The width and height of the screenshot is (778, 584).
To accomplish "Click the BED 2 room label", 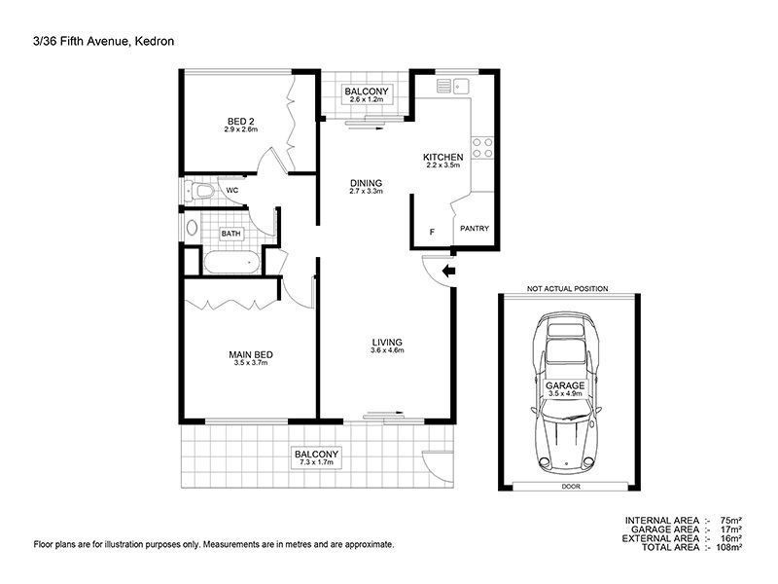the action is pos(240,121).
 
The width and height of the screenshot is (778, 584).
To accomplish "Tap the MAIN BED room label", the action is pos(251,354).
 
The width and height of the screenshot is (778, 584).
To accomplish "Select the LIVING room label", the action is pos(387,343).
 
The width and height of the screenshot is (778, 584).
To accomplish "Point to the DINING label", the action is pos(367,183).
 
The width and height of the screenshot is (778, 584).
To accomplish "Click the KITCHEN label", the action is pos(443,157).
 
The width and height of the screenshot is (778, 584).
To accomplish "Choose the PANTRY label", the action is pos(475,229).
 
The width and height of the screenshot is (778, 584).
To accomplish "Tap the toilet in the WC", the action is pos(199,190).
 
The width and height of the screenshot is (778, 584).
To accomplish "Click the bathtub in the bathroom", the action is pos(231,263).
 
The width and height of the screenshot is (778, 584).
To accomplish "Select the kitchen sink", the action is pos(453,86).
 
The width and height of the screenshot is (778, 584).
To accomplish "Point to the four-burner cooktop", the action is pos(482,148).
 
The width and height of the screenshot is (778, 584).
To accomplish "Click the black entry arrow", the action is pos(449,272).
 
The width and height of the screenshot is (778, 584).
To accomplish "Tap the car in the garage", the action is pos(566,392).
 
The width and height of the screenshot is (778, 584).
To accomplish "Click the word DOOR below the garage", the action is pos(571,487).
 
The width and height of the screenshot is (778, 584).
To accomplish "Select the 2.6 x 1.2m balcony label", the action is pos(367,94).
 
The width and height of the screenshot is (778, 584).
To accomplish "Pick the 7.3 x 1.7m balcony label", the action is pos(317,457).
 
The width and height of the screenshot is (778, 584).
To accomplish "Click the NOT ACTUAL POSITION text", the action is pos(567,288).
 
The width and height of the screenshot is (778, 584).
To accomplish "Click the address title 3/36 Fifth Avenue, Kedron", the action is pos(104,41).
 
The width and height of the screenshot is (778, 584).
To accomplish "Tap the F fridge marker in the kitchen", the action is pos(432,232).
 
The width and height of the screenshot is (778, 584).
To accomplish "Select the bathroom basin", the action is pos(192,228).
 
